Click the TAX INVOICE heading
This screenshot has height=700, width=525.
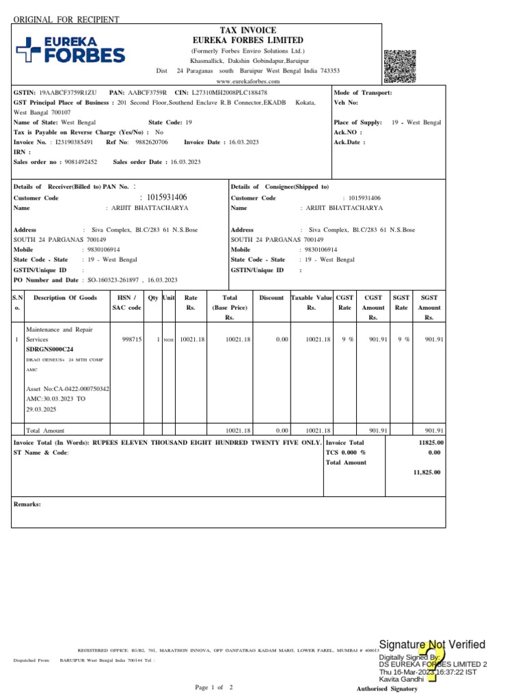point(247,31)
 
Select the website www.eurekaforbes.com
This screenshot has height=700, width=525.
point(247,81)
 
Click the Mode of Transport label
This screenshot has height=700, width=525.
point(362,92)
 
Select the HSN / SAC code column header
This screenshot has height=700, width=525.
point(126,303)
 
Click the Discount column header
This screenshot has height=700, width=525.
point(271,298)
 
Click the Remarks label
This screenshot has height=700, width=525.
point(27,504)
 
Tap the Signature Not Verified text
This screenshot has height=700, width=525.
point(432,645)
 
